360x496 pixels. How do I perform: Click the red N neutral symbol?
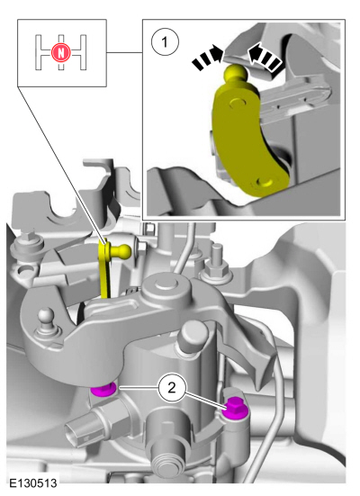tap(60, 52)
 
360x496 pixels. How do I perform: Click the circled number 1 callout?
tap(165, 42)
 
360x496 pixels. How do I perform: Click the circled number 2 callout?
tap(172, 387)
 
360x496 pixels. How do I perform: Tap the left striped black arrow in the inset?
tap(207, 58)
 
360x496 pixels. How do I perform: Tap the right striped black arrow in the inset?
tap(265, 58)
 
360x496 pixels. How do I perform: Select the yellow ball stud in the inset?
tap(236, 73)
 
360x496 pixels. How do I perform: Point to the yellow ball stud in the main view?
tap(121, 250)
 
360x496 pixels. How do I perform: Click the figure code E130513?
tap(33, 482)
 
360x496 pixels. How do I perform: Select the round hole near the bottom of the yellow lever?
tap(265, 183)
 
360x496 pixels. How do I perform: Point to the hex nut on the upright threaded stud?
tap(216, 271)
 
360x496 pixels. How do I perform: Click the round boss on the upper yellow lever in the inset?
tap(238, 103)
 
